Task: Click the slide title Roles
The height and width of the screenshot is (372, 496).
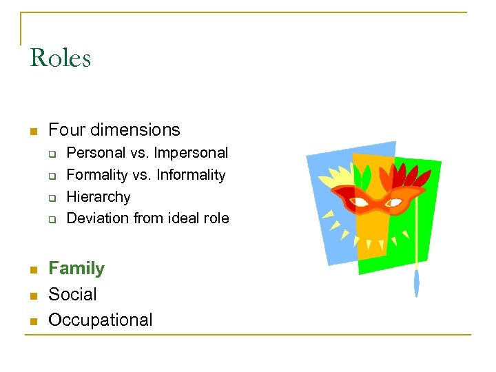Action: pos(61,58)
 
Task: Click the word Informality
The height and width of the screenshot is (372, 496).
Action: pos(191,175)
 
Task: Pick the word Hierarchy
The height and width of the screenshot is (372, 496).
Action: pos(99,197)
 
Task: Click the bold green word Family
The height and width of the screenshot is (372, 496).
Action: pos(76,269)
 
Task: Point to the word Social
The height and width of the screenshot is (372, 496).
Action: pos(72,294)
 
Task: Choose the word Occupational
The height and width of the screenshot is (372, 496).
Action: pos(101,320)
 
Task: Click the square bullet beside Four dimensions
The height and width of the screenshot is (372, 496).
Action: pos(32,131)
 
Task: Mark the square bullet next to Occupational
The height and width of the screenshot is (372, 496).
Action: pos(32,321)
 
